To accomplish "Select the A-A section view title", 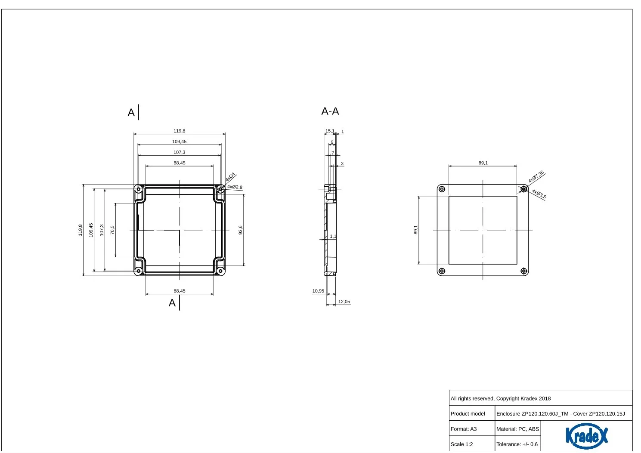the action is click(330, 111).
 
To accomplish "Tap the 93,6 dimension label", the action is click(240, 230).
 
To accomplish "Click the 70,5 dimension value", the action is click(112, 230).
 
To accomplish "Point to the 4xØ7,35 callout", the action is click(536, 177).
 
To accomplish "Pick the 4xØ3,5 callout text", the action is click(539, 194).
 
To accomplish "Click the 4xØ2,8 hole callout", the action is click(235, 187).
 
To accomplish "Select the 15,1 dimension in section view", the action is click(330, 131).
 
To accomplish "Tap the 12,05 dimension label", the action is click(344, 302).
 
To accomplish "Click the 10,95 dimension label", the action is click(318, 291).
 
